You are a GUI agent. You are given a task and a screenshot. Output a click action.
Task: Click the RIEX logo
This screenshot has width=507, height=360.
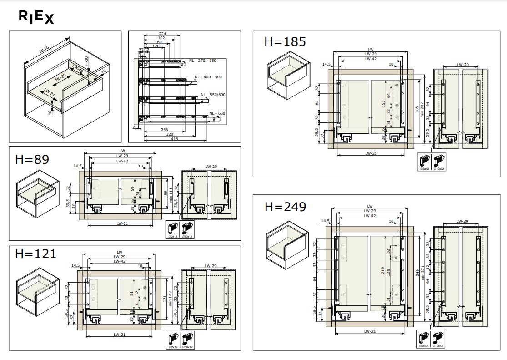tap(36, 17)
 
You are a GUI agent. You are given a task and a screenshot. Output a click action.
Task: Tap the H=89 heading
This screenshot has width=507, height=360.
tap(32, 160)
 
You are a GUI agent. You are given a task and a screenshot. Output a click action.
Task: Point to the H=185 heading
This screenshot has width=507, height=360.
tap(285, 41)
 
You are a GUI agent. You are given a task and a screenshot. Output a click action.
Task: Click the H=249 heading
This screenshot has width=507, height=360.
tap(285, 207)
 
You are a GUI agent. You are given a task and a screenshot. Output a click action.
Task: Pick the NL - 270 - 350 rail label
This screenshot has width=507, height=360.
tap(203, 61)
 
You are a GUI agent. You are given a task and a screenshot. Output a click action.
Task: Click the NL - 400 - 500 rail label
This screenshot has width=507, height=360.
tap(208, 77)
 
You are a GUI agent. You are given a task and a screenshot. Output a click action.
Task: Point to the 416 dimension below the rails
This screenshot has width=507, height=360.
tap(175, 138)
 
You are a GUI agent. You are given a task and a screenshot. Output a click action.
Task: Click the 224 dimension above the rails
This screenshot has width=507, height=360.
tap(162, 34)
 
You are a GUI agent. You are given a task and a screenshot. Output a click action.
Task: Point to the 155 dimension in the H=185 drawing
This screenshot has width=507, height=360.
tap(383, 104)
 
